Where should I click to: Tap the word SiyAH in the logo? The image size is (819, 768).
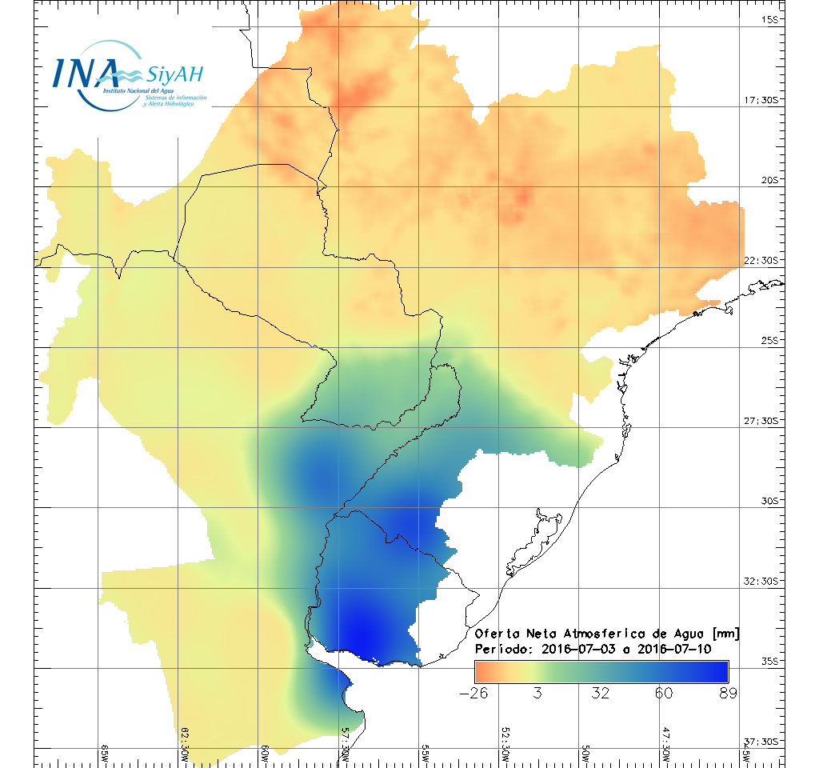coord(175,74)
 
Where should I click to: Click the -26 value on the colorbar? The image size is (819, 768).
coord(475,693)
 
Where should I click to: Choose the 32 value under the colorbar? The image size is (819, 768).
coord(601,693)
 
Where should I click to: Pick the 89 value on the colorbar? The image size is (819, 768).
coord(727,693)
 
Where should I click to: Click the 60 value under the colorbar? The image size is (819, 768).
coord(664,693)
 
